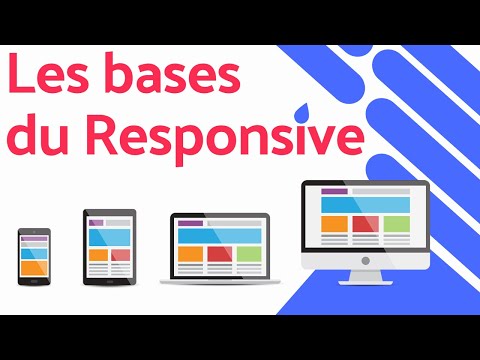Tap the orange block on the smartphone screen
[x=33, y=267]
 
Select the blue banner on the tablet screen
[x=109, y=236]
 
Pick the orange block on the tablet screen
[x=98, y=256]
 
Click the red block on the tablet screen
[x=121, y=256]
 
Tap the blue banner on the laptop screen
[x=219, y=234]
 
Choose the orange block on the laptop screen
[x=190, y=253]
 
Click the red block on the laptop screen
[x=219, y=253]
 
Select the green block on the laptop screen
[x=248, y=253]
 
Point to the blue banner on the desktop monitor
[x=365, y=204]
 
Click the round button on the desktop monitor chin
[x=365, y=260]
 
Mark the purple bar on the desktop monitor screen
[x=334, y=190]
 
